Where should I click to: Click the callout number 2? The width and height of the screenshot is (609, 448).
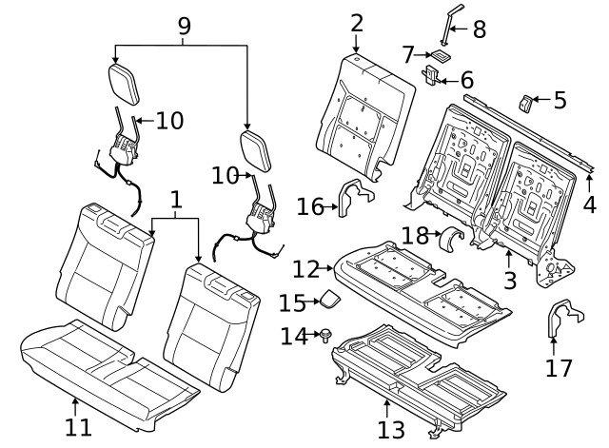(356, 23)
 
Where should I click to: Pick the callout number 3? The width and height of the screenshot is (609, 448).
(511, 280)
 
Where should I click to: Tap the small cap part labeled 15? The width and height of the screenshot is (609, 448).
(327, 299)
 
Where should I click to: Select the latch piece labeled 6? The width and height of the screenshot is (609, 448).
(434, 72)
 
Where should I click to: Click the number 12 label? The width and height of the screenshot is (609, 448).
(306, 268)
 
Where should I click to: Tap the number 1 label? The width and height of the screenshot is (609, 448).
(175, 200)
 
